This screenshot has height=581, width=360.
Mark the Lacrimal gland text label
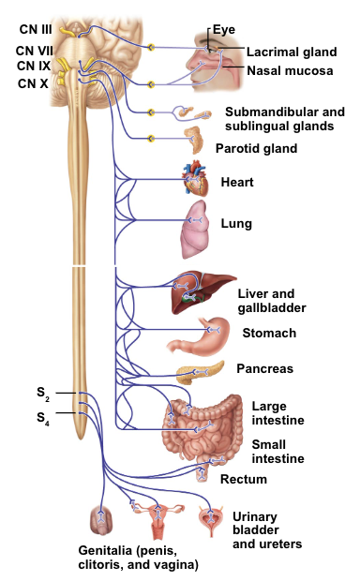point(286,52)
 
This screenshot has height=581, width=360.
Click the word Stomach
point(269,334)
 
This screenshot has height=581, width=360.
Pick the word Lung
point(235,225)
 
